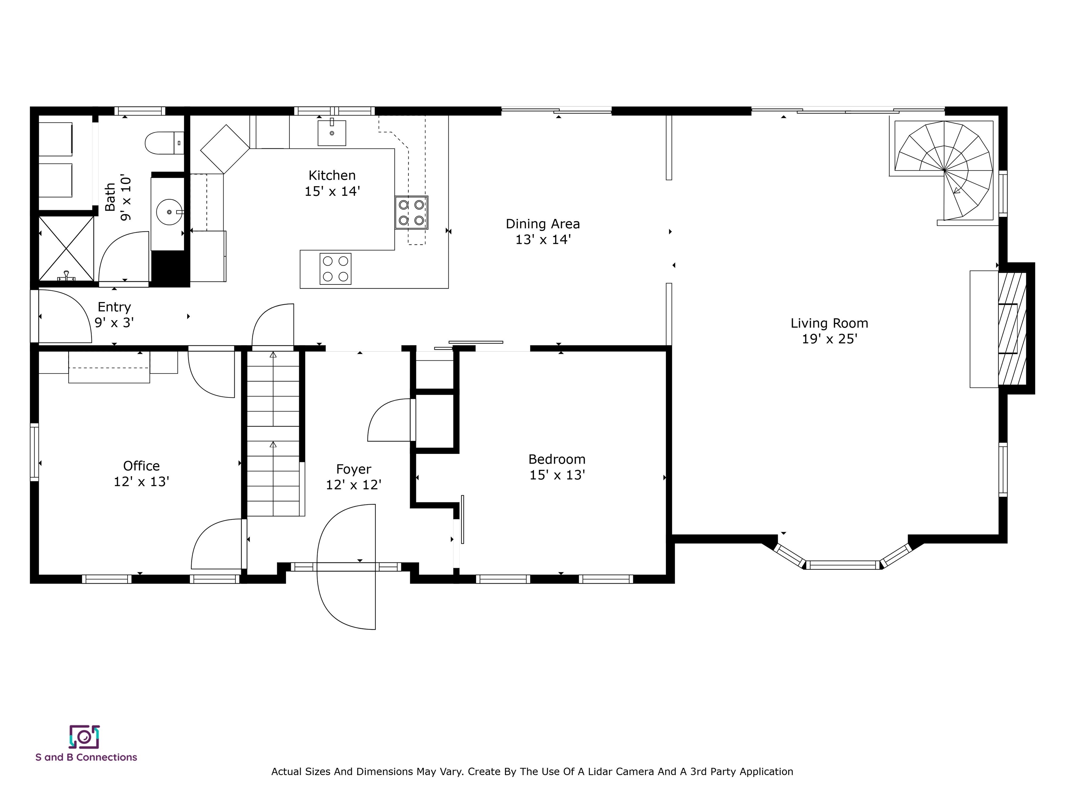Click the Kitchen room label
[x=332, y=175]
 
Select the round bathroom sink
[x=169, y=212]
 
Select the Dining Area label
[x=542, y=224]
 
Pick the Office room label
[x=141, y=466]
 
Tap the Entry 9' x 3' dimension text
[x=114, y=323]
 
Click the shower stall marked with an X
[x=66, y=249]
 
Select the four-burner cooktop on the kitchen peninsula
[x=335, y=269]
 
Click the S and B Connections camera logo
[x=84, y=737]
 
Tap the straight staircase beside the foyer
[x=273, y=433]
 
